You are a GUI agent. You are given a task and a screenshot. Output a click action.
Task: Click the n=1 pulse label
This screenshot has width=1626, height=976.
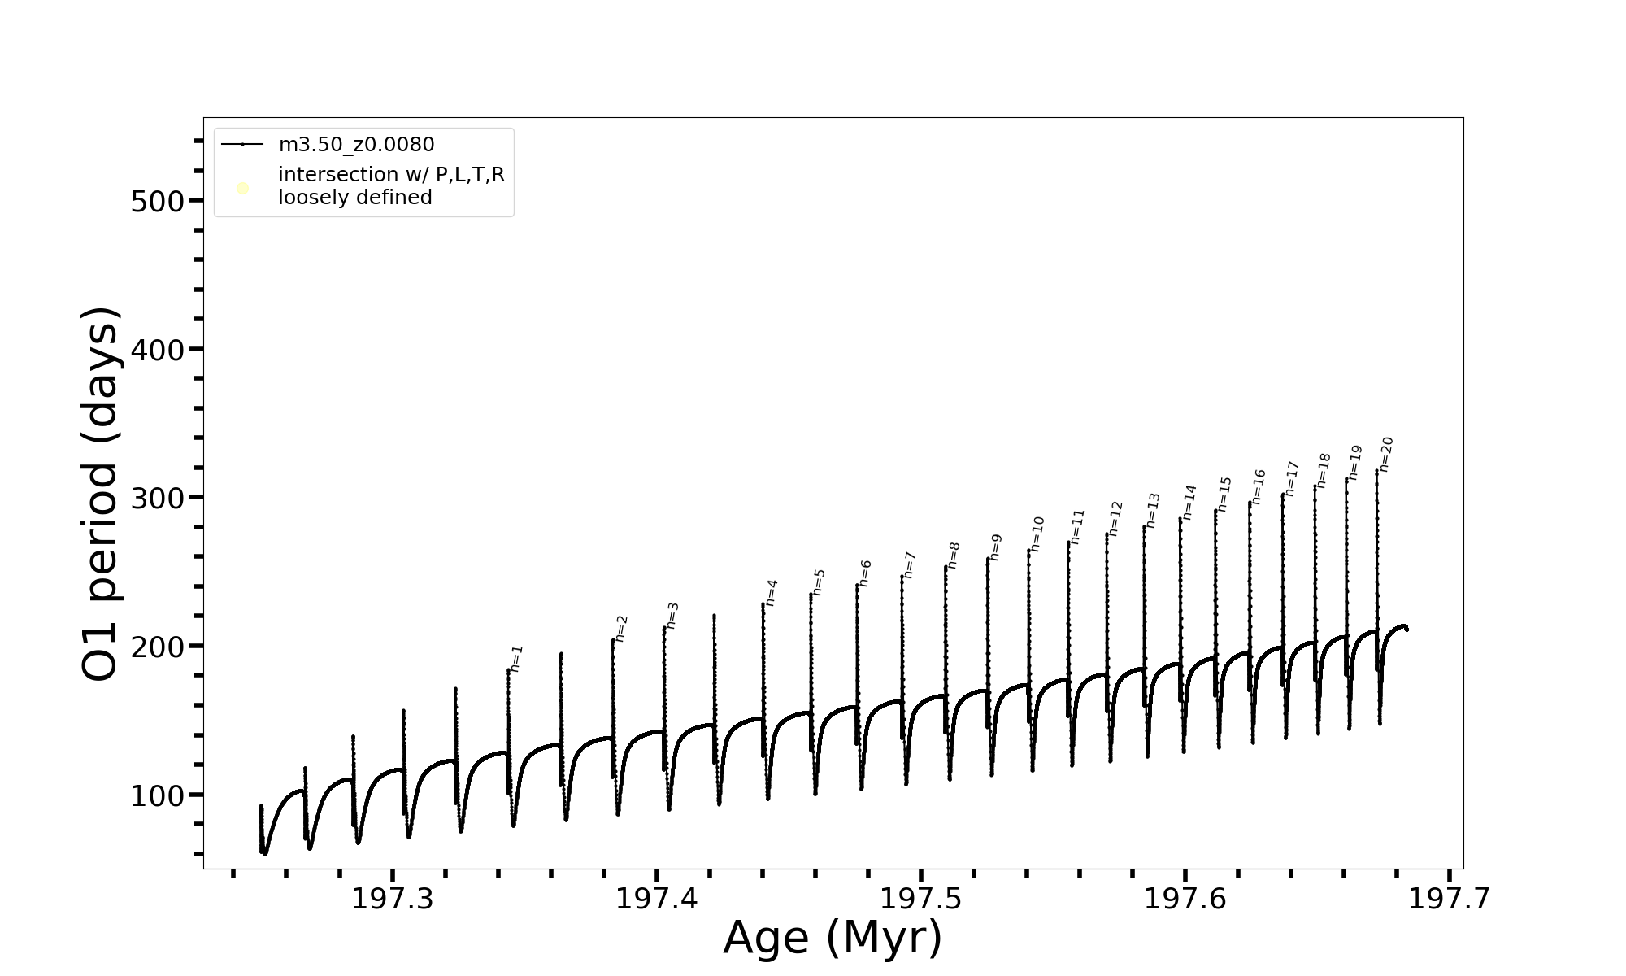click(x=517, y=659)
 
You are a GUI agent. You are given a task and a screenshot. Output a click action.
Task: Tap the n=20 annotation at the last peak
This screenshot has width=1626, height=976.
click(x=1386, y=455)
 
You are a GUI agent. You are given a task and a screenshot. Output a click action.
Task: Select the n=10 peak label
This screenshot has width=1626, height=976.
click(x=1037, y=534)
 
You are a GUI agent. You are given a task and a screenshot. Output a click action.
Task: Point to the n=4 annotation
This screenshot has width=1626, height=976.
click(x=772, y=592)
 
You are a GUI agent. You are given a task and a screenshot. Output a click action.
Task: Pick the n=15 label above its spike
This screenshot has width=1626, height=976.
click(x=1224, y=494)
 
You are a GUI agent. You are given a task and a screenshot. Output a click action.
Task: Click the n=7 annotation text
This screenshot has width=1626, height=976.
click(x=910, y=564)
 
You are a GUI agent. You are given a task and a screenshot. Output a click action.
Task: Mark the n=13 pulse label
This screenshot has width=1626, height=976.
click(x=1153, y=510)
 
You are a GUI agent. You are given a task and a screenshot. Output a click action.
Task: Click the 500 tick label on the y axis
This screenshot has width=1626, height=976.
click(x=158, y=202)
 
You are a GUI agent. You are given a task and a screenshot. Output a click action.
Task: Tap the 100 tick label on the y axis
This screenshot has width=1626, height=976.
click(x=158, y=795)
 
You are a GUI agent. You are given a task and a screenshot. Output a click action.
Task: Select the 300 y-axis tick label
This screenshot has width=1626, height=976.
click(x=158, y=499)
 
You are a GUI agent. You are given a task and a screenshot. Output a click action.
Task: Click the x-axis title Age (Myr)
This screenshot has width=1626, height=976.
click(x=833, y=938)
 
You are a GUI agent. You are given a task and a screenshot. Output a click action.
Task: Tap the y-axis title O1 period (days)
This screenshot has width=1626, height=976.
click(x=102, y=494)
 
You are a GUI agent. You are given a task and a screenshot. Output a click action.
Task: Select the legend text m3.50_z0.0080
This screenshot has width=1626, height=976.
click(x=356, y=145)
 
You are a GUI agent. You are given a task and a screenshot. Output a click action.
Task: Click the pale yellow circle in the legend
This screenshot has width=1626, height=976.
click(x=242, y=189)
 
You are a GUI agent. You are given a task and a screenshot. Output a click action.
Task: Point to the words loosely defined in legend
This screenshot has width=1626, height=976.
click(x=354, y=198)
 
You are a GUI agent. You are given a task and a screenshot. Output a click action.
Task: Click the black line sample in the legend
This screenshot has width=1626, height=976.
click(x=242, y=145)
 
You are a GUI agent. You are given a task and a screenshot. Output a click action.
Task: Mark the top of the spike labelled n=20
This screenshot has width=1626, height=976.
click(x=1376, y=470)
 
